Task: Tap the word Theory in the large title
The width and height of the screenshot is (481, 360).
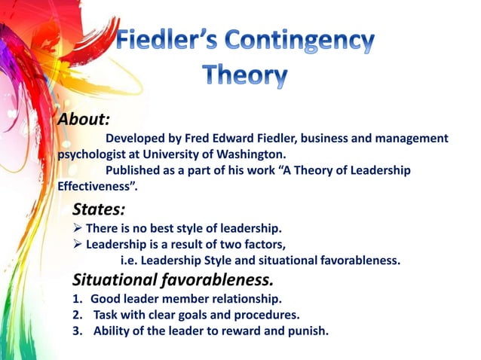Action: point(246,75)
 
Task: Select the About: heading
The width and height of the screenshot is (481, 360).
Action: point(84,120)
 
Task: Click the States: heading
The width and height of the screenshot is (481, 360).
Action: point(99,209)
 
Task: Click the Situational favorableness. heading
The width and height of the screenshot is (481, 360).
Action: point(173,280)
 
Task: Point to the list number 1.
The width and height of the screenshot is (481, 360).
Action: point(78,299)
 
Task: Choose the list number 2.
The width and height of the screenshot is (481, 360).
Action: point(78,314)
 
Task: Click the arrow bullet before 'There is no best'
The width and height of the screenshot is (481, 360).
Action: point(78,228)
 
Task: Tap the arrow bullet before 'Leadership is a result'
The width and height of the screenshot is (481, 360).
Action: point(78,244)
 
